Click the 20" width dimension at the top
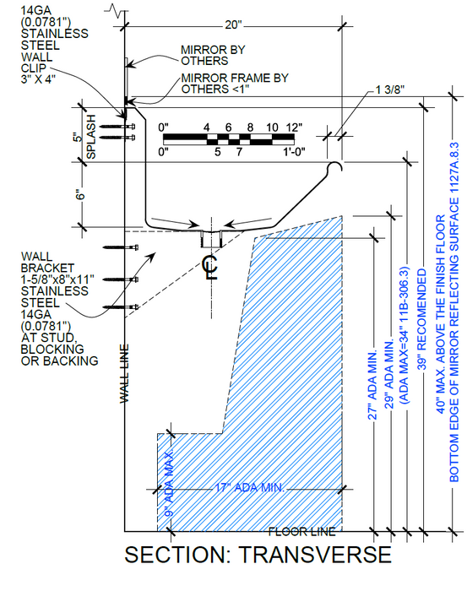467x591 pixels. (233, 24)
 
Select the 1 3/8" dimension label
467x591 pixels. (389, 89)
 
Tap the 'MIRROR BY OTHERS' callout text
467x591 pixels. (213, 56)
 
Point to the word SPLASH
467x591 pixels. (91, 137)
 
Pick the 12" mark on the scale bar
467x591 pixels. (295, 127)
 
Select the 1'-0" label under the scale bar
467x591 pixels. (294, 152)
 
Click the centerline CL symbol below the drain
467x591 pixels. (210, 268)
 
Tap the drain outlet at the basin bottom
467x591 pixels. (211, 239)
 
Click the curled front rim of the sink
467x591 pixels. (334, 165)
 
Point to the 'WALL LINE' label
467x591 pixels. (124, 373)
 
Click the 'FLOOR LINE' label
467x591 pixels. (302, 532)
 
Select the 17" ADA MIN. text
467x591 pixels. (250, 488)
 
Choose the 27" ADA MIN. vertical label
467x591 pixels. (372, 386)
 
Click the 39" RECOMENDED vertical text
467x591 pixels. (422, 319)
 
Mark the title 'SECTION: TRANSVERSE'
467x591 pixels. (258, 555)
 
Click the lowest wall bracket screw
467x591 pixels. (120, 306)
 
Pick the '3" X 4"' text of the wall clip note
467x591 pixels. (38, 79)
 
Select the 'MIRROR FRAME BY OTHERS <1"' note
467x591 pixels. (235, 84)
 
